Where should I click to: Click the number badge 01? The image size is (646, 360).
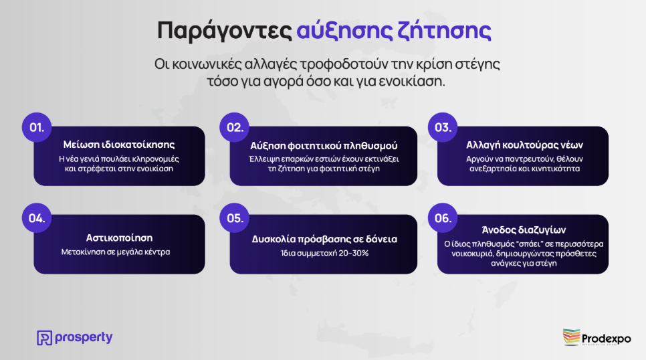click(37, 127)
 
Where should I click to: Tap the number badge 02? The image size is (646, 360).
click(235, 127)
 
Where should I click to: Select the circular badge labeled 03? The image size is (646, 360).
click(443, 127)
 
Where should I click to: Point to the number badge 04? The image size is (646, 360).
click(37, 217)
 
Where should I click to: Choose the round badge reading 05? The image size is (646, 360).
click(235, 217)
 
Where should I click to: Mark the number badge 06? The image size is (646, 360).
click(443, 217)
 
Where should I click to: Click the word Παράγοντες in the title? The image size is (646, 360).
click(225, 31)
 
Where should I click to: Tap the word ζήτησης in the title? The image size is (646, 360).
click(444, 31)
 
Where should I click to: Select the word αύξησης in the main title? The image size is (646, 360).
click(344, 31)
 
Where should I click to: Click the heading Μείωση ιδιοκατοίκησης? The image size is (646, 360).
click(119, 145)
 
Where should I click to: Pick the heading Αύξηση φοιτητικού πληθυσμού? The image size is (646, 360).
click(324, 146)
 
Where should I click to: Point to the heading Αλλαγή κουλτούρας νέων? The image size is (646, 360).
click(524, 145)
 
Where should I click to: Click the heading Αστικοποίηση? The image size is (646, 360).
click(119, 238)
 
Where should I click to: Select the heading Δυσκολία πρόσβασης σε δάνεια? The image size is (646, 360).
click(324, 239)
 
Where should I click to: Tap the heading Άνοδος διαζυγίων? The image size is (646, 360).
click(524, 230)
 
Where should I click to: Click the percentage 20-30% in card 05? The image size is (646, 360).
click(354, 253)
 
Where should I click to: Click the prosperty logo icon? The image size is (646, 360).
click(45, 338)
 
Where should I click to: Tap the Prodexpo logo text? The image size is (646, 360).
click(606, 339)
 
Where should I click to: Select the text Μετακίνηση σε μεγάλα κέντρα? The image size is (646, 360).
click(116, 252)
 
